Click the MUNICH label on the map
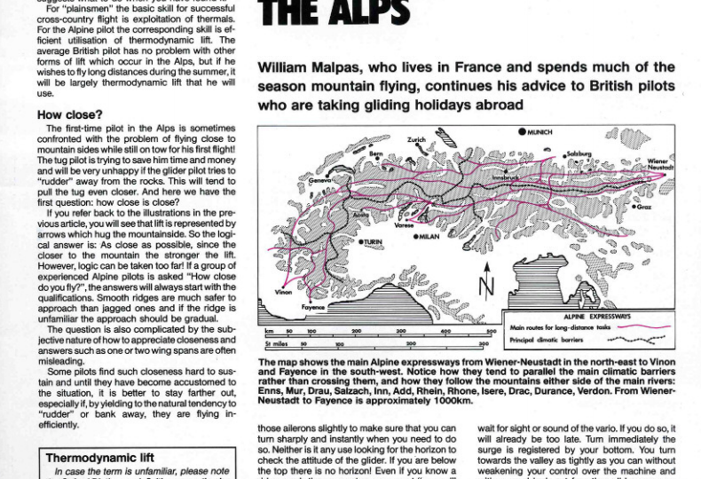pyautogui.click(x=540, y=132)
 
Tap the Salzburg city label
pyautogui.click(x=579, y=153)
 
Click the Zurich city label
pyautogui.click(x=416, y=140)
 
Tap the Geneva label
pyautogui.click(x=319, y=179)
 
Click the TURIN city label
pyautogui.click(x=374, y=241)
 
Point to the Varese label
pyautogui.click(x=405, y=225)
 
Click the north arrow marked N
pyautogui.click(x=485, y=286)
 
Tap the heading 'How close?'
pyautogui.click(x=68, y=114)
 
